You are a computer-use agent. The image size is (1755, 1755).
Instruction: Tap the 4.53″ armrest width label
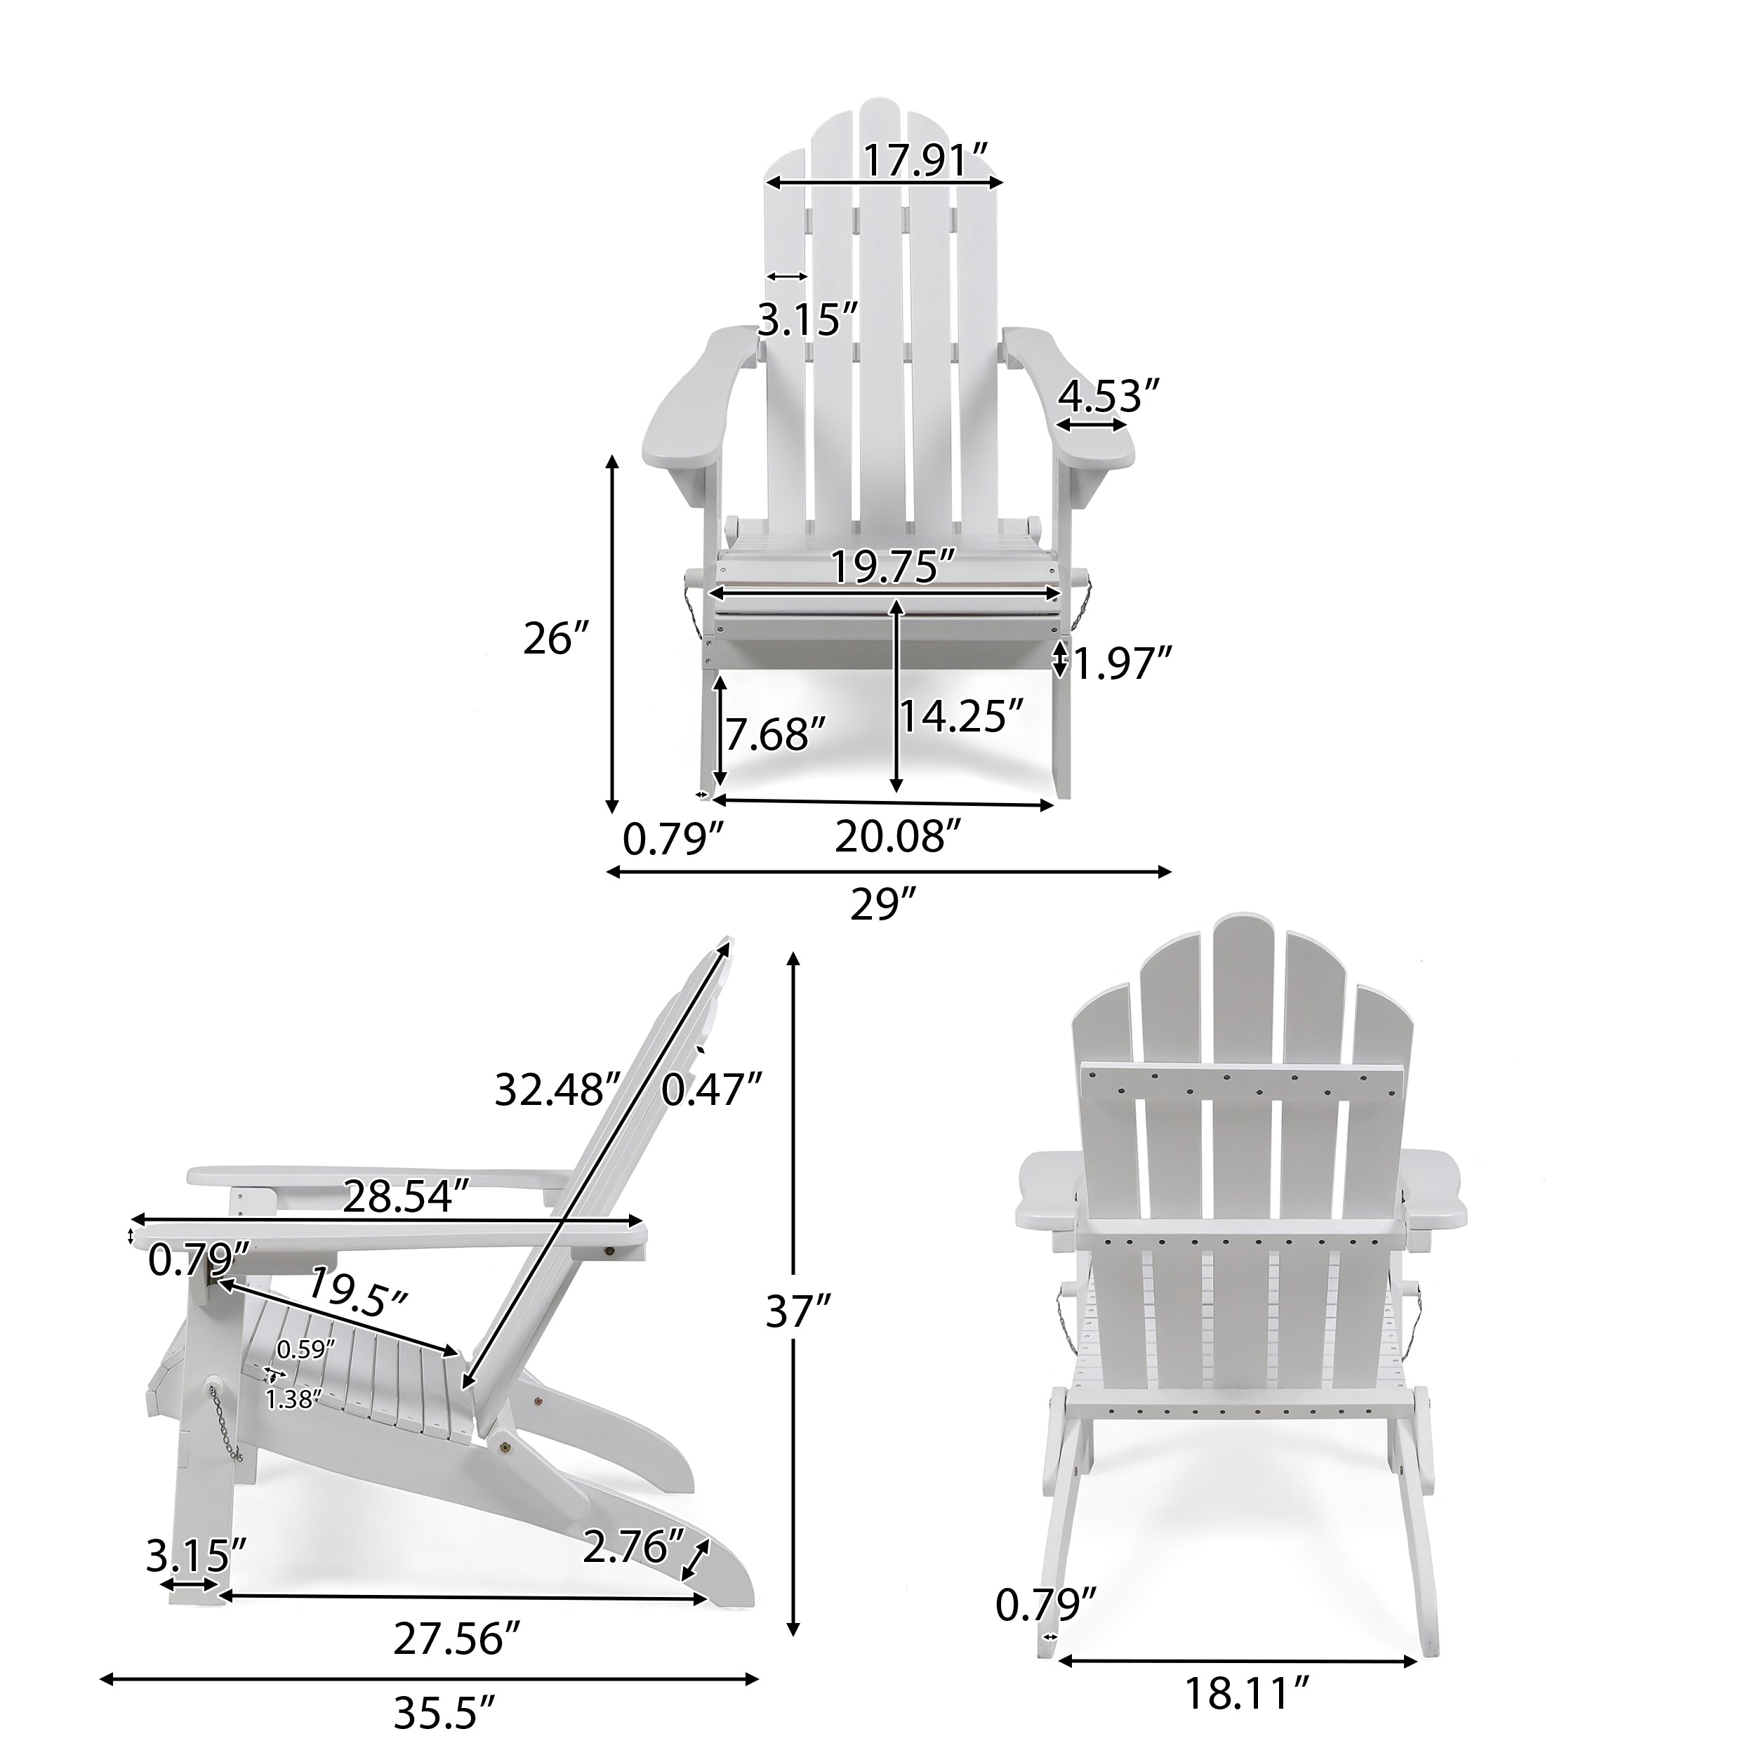pyautogui.click(x=1110, y=397)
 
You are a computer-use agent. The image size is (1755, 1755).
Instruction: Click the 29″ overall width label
pyautogui.click(x=882, y=906)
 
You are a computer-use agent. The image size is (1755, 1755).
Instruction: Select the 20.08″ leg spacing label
pyautogui.click(x=897, y=837)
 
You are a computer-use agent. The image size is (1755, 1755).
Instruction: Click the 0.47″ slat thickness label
pyautogui.click(x=710, y=1090)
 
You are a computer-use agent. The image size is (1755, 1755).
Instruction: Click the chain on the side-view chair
pyautogui.click(x=227, y=1429)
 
